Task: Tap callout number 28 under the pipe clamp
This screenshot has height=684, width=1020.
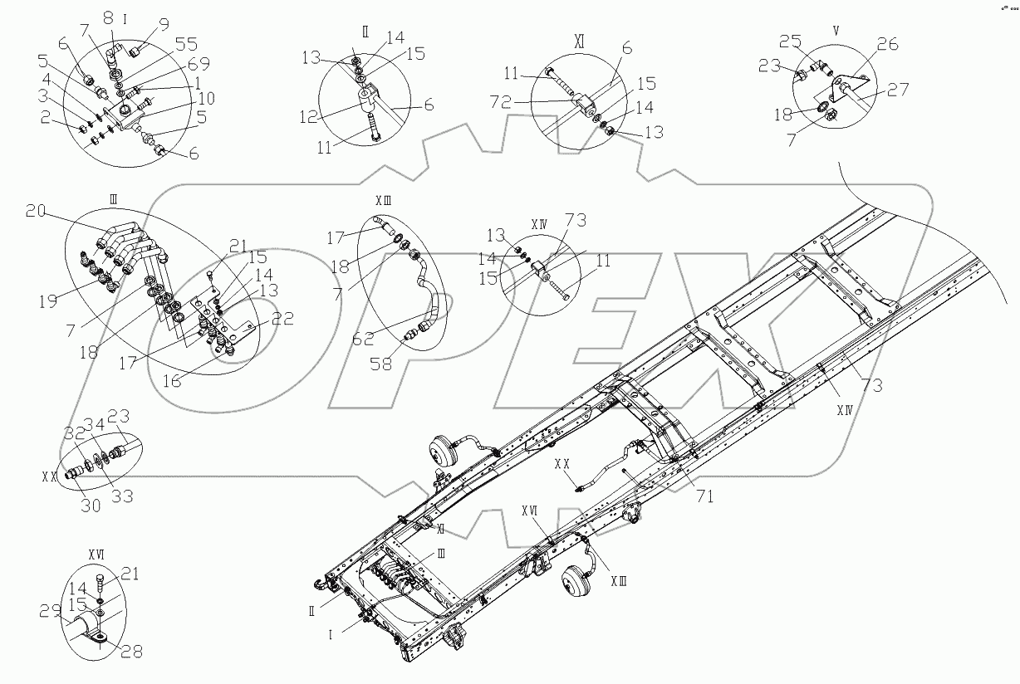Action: coord(132,652)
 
